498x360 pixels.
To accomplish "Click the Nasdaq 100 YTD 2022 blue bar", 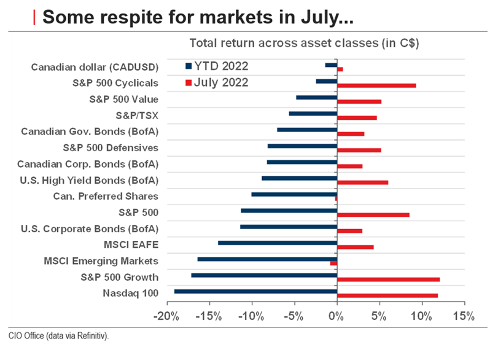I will [255, 291].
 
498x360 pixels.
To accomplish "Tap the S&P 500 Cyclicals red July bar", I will [376, 85].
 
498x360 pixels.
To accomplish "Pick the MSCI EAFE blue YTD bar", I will [278, 243].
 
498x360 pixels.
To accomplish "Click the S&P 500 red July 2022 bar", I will [373, 215].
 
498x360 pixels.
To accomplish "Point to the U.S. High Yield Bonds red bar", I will [362, 182].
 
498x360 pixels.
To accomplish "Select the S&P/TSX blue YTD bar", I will [313, 114].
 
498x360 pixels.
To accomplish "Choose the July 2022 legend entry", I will [217, 82].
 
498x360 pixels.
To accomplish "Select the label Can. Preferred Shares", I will [105, 197].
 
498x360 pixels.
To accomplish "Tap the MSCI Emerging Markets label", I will [101, 261].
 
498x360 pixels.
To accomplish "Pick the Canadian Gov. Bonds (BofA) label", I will [90, 131].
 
